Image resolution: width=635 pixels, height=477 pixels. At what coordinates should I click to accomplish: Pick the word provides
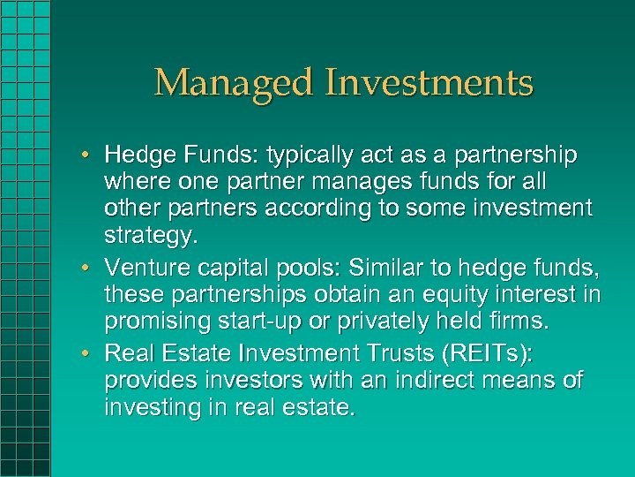click(x=145, y=381)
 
